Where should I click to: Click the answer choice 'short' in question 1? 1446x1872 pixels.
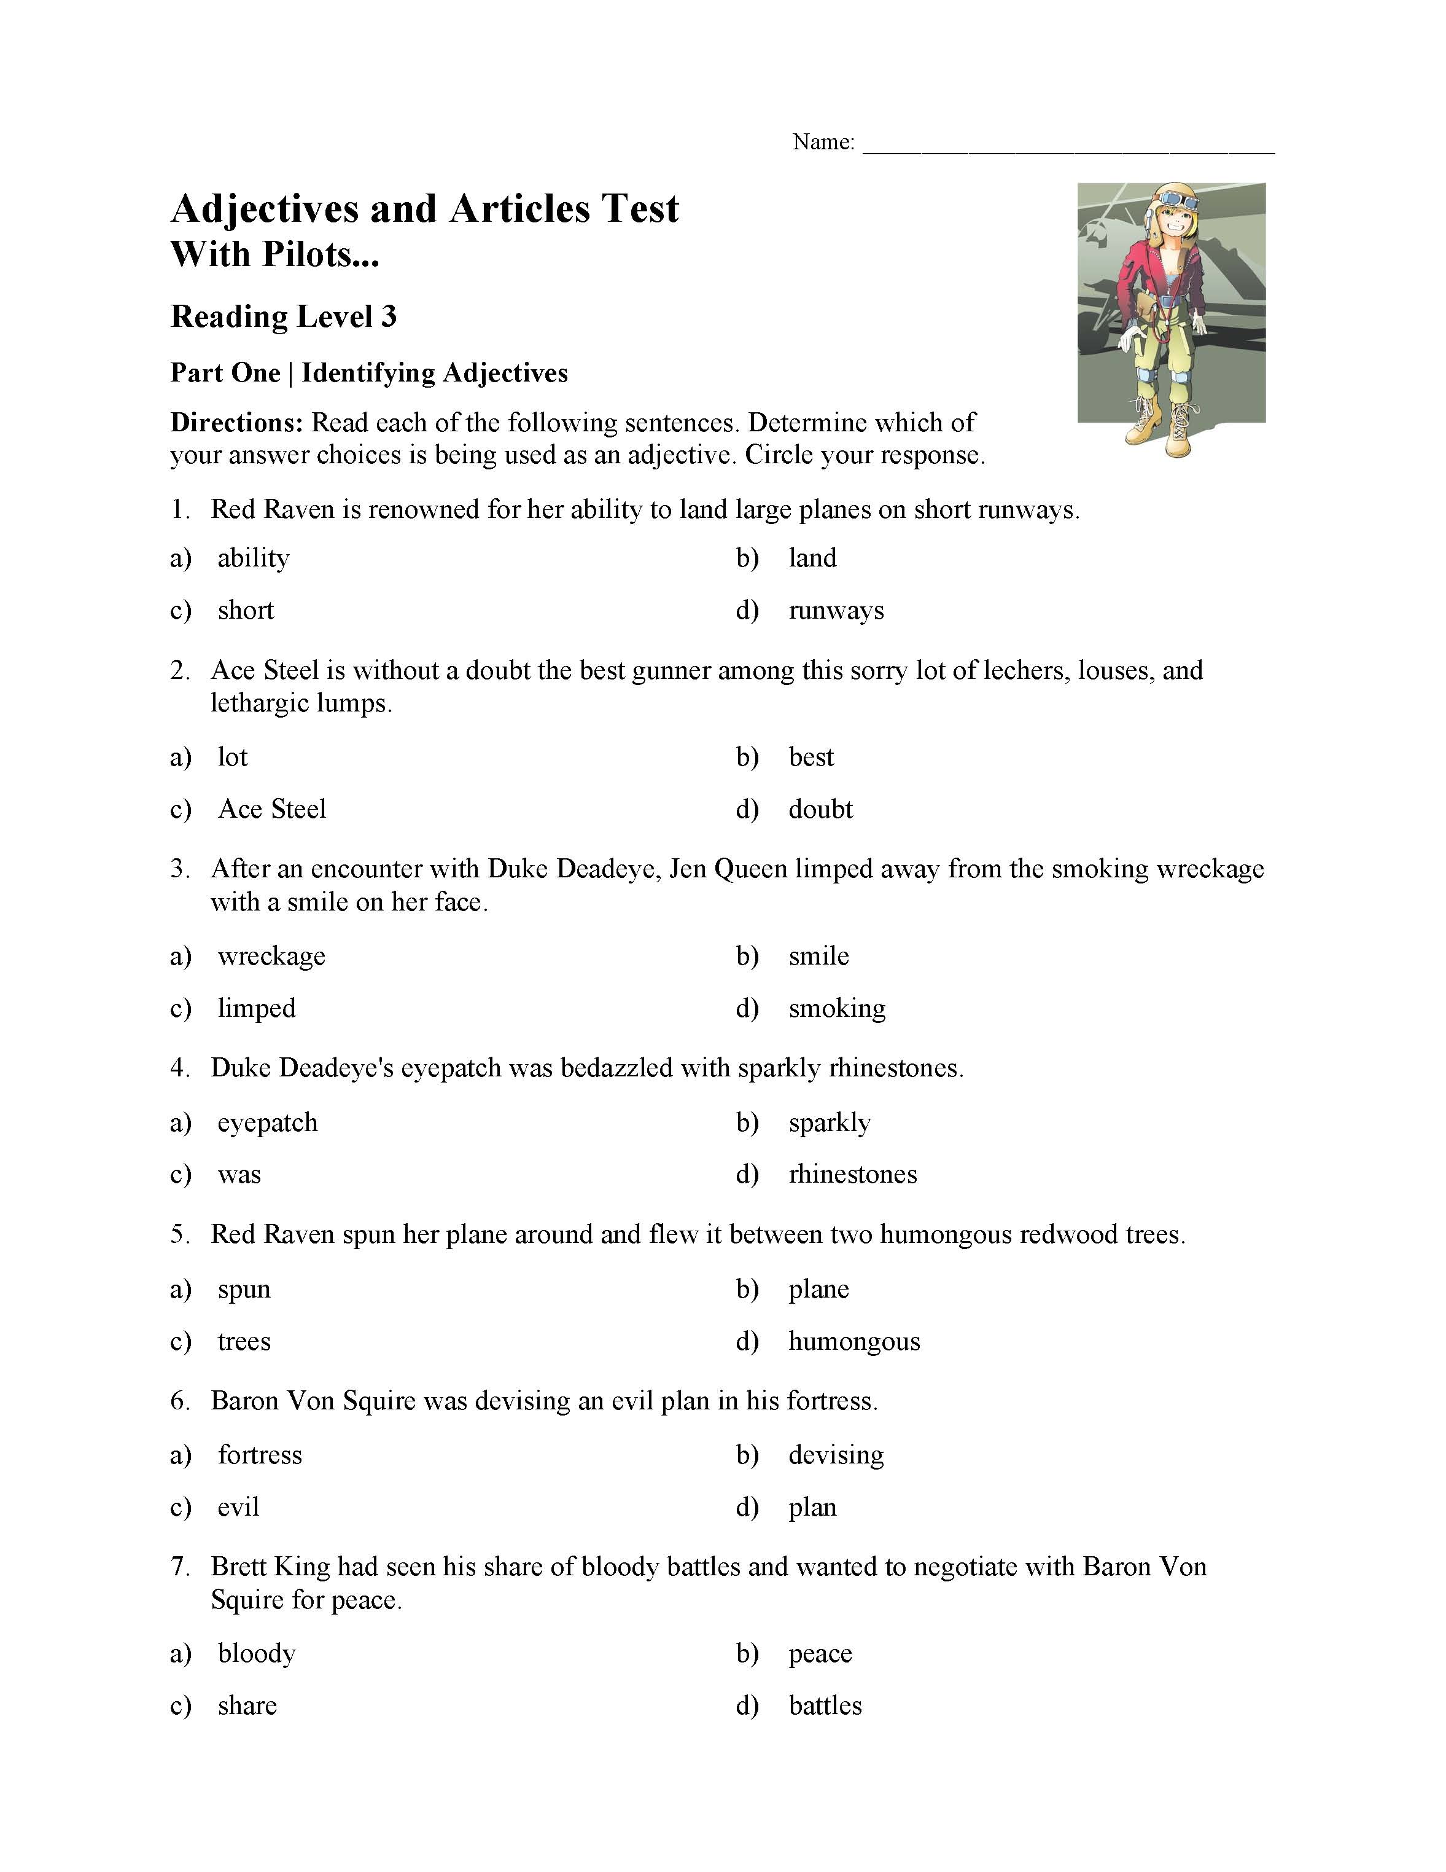[246, 610]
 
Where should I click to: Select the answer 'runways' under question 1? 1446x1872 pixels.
[836, 610]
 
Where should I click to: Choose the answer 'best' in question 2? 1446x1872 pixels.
[810, 757]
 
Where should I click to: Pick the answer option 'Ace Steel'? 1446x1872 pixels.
[271, 809]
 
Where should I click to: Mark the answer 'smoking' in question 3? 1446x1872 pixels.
[837, 1008]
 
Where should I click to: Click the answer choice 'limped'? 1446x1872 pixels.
[256, 1008]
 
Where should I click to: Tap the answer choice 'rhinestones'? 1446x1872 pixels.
[852, 1173]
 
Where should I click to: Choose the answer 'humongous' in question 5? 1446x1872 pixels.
[854, 1341]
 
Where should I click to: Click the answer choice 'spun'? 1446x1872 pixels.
[244, 1288]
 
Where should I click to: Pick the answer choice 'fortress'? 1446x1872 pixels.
[260, 1455]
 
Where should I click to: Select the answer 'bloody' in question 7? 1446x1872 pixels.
[256, 1653]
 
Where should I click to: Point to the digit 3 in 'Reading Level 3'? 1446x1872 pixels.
[389, 316]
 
